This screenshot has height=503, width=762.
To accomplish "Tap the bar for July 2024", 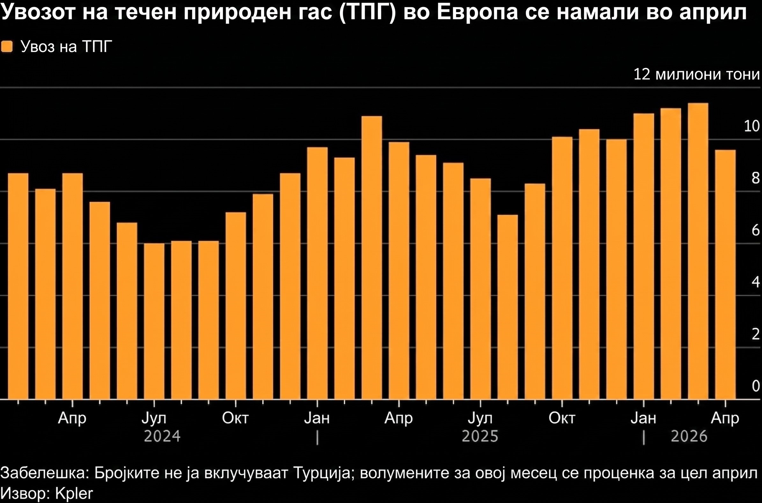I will (154, 321).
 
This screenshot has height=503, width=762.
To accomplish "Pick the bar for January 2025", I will (317, 273).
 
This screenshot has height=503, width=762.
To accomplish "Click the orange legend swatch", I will (7, 47).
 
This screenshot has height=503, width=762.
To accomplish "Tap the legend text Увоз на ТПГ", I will (66, 47).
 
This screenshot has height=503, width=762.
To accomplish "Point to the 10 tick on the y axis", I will (751, 126).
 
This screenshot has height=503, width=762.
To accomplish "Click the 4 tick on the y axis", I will (756, 282).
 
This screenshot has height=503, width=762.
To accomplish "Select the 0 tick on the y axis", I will (756, 386).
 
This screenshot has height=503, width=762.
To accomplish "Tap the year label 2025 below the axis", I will (480, 436).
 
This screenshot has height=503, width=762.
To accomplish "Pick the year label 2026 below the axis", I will (689, 436).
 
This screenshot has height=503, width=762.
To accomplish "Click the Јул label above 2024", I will (154, 418).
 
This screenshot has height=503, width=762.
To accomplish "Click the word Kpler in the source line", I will (74, 493).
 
